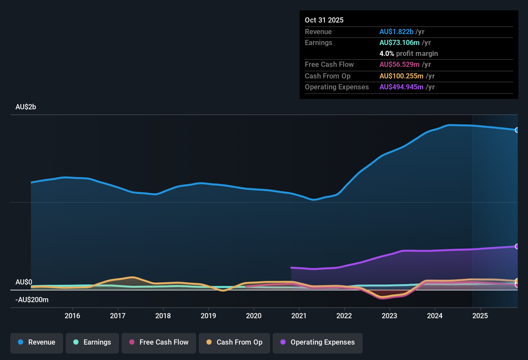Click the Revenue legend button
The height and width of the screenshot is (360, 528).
(37, 342)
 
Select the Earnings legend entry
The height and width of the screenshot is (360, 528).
(92, 342)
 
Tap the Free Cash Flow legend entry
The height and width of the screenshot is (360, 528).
(159, 342)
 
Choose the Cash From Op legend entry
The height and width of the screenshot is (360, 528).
(234, 342)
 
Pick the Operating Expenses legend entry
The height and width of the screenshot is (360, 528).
(318, 342)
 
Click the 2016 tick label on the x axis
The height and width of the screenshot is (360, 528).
(72, 316)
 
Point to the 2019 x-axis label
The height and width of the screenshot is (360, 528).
(208, 316)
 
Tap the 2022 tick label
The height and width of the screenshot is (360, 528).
(344, 316)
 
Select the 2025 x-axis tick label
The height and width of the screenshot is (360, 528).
(480, 316)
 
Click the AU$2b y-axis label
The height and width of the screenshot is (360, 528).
(26, 107)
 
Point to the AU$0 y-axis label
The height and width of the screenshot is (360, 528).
(24, 282)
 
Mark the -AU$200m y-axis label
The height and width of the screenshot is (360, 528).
(32, 300)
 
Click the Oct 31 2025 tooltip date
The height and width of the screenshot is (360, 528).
(324, 20)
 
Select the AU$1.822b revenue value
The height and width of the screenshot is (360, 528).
(396, 32)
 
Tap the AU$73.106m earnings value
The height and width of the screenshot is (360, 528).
(399, 43)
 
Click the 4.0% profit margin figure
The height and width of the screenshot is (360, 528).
(387, 54)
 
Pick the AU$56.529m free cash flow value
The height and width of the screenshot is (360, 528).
(399, 65)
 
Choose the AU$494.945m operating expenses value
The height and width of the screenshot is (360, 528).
(401, 87)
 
